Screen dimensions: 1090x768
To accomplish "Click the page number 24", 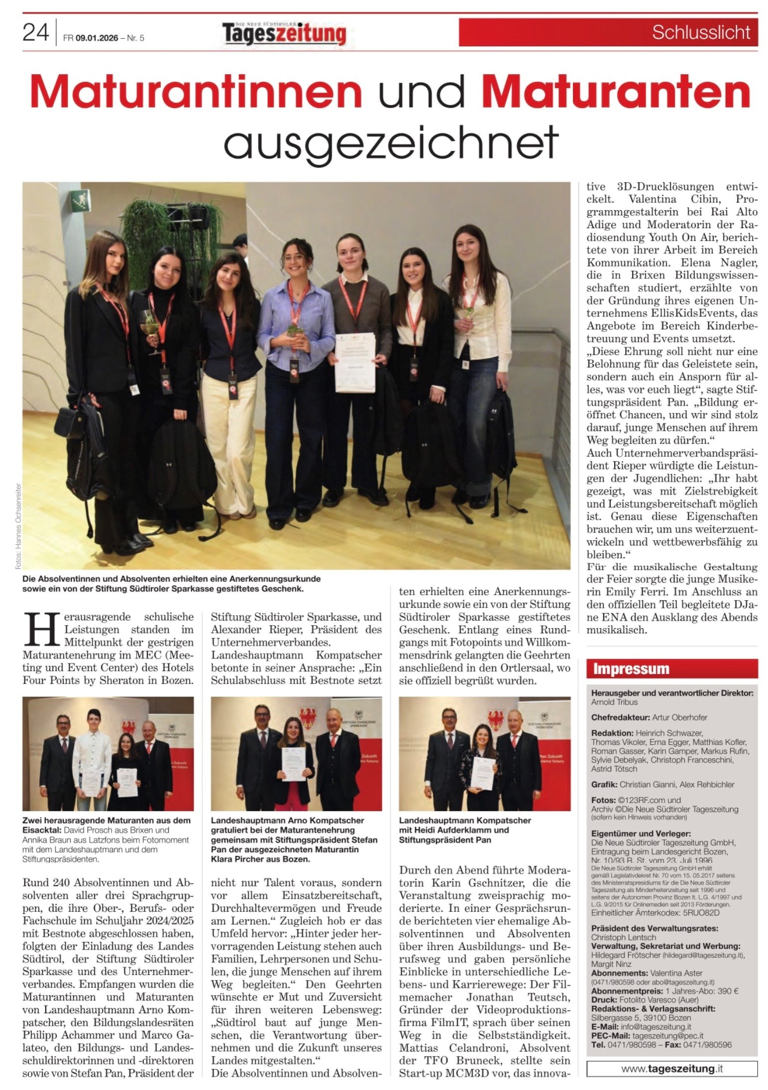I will (x=36, y=33).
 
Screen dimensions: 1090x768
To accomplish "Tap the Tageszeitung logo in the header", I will (x=284, y=34).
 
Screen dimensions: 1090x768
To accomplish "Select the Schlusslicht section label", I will (x=701, y=32).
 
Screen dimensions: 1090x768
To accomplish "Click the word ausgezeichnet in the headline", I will (x=391, y=141).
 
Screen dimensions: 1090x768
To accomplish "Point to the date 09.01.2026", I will (x=97, y=38).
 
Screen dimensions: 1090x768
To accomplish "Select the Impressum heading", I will (x=631, y=669).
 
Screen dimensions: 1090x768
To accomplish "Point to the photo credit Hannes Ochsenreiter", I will (x=19, y=526).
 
